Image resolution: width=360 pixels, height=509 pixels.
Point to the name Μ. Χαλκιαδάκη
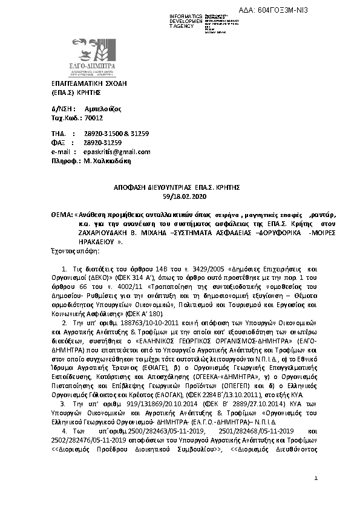tap(111, 161)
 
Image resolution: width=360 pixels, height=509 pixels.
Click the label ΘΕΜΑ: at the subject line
tap(61, 215)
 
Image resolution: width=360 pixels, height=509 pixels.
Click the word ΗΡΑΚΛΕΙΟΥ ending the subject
tap(80, 241)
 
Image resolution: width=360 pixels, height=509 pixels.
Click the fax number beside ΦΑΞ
tap(103, 143)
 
